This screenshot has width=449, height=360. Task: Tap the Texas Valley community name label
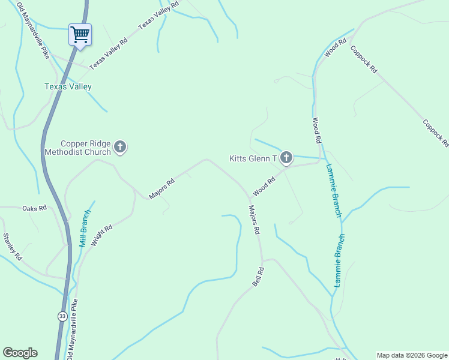[x=68, y=87]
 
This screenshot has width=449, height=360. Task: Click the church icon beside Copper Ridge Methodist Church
[x=120, y=146]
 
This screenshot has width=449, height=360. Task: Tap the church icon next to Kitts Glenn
[x=286, y=158]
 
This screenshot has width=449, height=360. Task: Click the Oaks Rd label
[x=34, y=208]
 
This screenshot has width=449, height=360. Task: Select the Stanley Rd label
[x=13, y=247]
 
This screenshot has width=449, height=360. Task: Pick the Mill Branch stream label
[x=85, y=229]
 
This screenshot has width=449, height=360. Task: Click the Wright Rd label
[x=101, y=236]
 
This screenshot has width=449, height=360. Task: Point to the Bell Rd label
[x=258, y=277]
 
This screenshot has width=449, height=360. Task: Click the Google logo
[x=20, y=353]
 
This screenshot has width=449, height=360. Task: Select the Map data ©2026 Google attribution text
[x=412, y=355]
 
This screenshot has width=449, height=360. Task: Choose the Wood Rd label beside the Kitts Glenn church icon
[x=264, y=186]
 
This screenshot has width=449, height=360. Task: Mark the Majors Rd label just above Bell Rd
[x=254, y=219]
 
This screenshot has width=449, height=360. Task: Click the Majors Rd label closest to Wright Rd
[x=161, y=188]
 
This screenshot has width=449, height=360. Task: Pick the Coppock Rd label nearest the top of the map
[x=364, y=59]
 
